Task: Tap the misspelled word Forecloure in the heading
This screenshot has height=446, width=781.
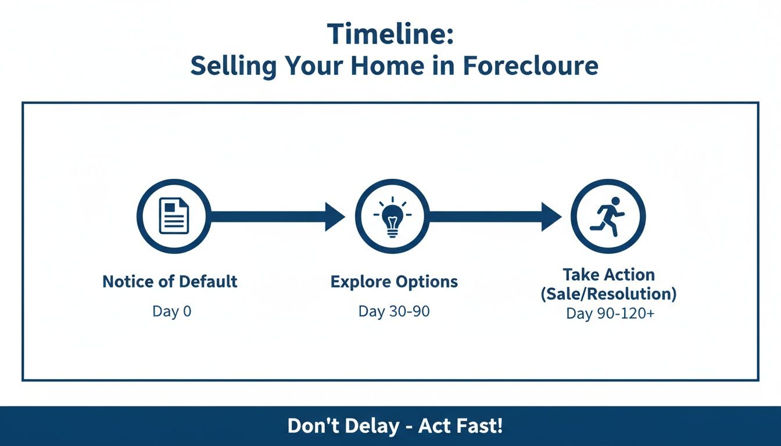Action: [x=531, y=66]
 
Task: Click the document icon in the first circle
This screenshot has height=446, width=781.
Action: [x=174, y=216]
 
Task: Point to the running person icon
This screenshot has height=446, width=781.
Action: [x=608, y=216]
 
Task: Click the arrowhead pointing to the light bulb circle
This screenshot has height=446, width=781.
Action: [x=335, y=217]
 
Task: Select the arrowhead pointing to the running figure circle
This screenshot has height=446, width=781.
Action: [x=551, y=217]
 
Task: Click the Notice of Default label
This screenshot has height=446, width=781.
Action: [x=170, y=282]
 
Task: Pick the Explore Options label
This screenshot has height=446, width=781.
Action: [x=394, y=282]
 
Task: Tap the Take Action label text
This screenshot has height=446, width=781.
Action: [x=608, y=275]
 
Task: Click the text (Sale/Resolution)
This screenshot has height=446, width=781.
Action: [x=608, y=294]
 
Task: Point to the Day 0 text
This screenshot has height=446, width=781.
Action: [x=171, y=311]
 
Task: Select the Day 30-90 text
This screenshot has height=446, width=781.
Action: [x=394, y=311]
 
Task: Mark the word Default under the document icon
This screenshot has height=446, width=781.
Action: [x=207, y=282]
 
